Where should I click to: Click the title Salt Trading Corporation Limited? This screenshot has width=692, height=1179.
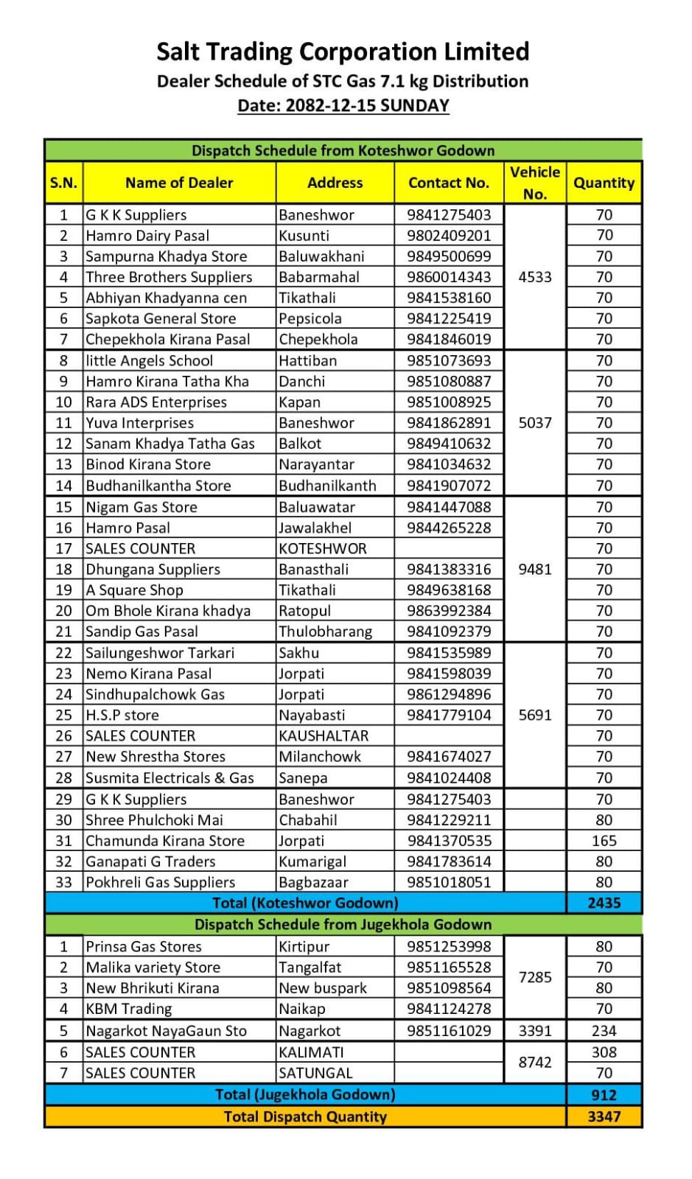point(343,52)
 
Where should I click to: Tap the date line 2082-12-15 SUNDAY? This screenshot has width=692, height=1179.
point(343,105)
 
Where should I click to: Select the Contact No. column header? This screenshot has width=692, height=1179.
point(448,183)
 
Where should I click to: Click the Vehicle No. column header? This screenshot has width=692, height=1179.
point(535,183)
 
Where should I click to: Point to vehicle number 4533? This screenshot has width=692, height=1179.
point(535,277)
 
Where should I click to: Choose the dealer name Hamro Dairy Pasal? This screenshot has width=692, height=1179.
point(147,236)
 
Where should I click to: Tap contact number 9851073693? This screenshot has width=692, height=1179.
point(448,361)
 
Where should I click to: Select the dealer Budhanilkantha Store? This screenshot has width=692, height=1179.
point(158,486)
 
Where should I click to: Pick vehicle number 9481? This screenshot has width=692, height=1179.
point(535,570)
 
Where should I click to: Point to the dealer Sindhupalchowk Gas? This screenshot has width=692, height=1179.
point(155,694)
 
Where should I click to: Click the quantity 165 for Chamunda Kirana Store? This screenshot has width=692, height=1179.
point(604,841)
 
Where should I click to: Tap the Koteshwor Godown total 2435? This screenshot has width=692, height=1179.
point(604,903)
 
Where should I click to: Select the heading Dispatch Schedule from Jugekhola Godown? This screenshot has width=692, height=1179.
point(343,924)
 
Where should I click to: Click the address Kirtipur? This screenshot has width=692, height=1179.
point(304,947)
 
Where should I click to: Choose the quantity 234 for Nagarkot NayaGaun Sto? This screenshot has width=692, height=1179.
point(604,1031)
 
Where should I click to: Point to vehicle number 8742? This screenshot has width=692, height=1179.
point(535,1062)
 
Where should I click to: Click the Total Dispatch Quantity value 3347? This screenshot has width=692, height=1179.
point(604,1116)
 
